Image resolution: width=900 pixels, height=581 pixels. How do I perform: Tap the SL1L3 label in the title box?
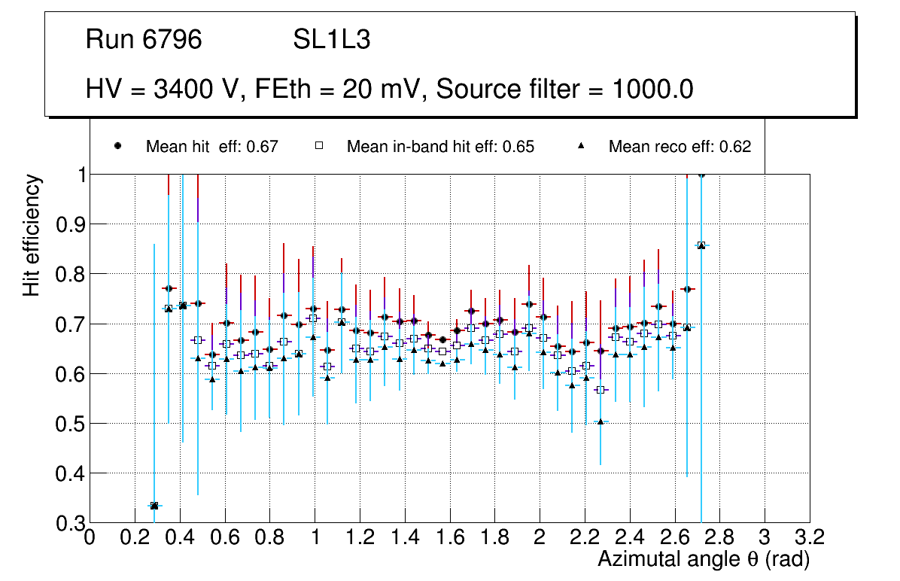tap(332, 40)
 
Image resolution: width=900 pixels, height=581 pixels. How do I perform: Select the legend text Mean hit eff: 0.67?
tap(212, 147)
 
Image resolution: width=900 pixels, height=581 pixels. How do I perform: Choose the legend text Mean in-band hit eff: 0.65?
tap(440, 147)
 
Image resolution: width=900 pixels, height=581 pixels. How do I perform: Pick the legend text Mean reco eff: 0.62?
tap(680, 147)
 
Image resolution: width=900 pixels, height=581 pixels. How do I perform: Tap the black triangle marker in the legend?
tap(581, 146)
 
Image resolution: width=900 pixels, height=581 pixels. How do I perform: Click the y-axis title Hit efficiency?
tap(32, 235)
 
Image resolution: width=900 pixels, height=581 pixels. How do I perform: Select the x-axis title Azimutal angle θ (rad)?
tap(704, 559)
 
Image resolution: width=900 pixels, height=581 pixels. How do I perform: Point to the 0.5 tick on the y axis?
tap(69, 424)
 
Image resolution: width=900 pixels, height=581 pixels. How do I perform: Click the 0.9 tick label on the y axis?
tap(69, 224)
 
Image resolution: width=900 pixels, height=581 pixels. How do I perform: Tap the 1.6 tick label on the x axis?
tap(449, 537)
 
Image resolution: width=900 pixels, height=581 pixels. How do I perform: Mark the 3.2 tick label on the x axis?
tap(809, 537)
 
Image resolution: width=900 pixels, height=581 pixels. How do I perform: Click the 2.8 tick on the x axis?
tap(719, 537)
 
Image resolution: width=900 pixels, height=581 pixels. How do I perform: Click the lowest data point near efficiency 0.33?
tap(154, 506)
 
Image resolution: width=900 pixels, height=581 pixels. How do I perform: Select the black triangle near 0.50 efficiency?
tap(601, 422)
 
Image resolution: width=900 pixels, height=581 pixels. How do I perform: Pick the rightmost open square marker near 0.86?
tap(701, 245)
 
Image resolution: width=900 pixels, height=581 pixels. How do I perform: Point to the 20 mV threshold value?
tap(372, 90)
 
